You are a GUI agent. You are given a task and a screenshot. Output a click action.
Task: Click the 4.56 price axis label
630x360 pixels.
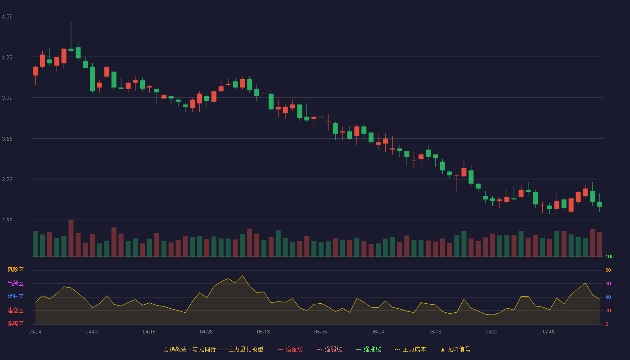pos(7,17)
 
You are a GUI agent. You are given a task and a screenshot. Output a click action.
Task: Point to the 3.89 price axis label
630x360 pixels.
pos(7,98)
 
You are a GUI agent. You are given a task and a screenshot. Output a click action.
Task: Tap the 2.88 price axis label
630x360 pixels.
pos(7,220)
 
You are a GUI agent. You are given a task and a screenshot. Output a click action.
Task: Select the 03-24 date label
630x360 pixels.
pos(35,332)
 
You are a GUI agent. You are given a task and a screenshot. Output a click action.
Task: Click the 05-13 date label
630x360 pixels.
pos(263,332)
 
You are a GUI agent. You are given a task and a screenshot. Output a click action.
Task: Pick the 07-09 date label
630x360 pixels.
pos(549,332)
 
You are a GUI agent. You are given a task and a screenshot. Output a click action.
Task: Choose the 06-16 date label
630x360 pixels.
pos(435,332)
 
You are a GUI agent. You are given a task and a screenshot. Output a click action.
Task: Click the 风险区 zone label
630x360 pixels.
pos(15,270)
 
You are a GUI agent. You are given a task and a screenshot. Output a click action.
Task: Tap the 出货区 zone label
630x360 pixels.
pos(15,283)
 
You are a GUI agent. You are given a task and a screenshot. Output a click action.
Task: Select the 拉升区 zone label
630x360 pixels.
pos(15,297)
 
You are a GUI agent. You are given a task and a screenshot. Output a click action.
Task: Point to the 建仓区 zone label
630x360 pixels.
pos(15,310)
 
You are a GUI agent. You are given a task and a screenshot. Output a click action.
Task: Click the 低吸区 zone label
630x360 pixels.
pos(15,324)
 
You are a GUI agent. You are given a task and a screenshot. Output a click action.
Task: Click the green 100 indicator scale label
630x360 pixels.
pos(609,256)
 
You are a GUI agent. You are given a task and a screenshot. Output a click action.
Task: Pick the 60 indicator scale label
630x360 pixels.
pos(608,283)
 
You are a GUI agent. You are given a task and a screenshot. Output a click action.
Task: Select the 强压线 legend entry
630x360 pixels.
pos(290,349)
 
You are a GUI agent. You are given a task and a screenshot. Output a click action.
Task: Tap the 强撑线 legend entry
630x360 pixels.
pos(369,349)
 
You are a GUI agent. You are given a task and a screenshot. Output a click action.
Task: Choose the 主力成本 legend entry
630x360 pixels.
pos(410,349)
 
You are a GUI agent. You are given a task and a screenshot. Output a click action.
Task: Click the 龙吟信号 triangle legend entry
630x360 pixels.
pos(455,349)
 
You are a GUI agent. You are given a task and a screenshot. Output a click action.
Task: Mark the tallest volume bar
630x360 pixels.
pos(71,238)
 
